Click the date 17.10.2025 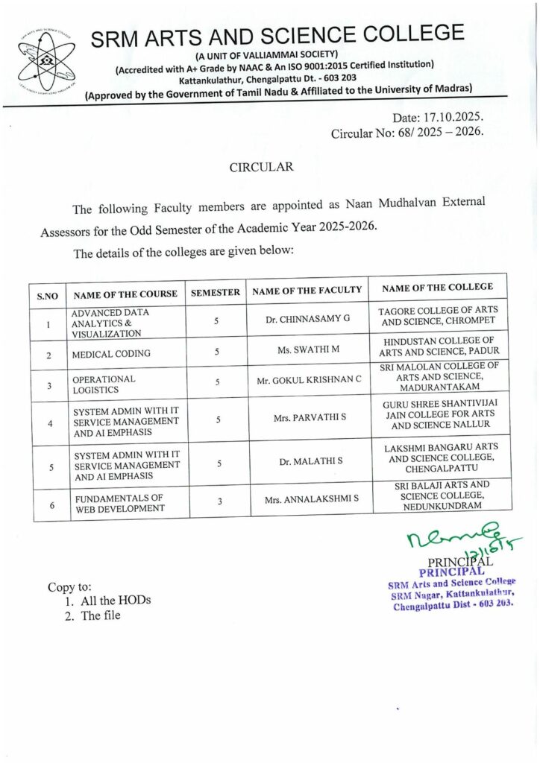(439, 118)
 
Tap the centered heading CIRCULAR (261, 167)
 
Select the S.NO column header (48, 295)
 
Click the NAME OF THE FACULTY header (307, 291)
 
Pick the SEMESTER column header (216, 292)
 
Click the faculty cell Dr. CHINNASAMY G (307, 320)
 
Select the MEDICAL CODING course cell (111, 354)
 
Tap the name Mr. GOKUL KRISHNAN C (309, 380)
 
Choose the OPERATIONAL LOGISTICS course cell (104, 384)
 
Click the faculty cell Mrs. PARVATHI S (308, 420)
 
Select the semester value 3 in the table (219, 501)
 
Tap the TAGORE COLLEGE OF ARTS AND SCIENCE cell (438, 317)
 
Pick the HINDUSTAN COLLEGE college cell (439, 346)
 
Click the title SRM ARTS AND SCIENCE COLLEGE (277, 35)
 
